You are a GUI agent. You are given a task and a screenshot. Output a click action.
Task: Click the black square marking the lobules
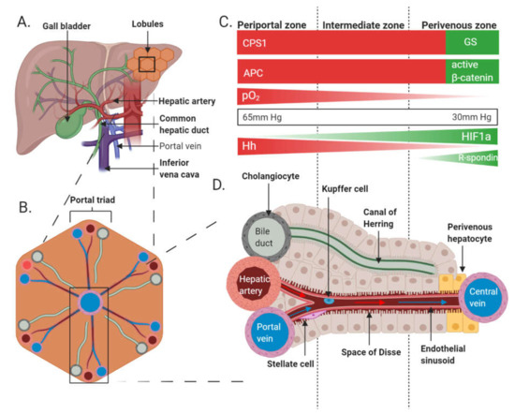[146, 64]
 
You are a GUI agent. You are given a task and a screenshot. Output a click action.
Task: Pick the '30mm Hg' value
[477, 118]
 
